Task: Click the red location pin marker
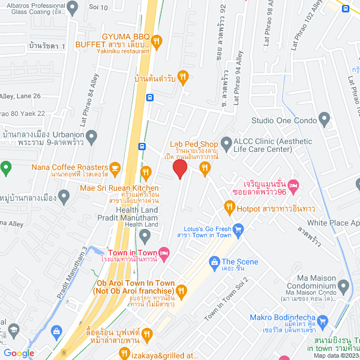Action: pos(179,169)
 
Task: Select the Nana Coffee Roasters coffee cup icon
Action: pos(115,167)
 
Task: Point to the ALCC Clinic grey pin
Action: pos(227,143)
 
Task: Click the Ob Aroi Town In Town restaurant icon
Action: pos(181,291)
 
